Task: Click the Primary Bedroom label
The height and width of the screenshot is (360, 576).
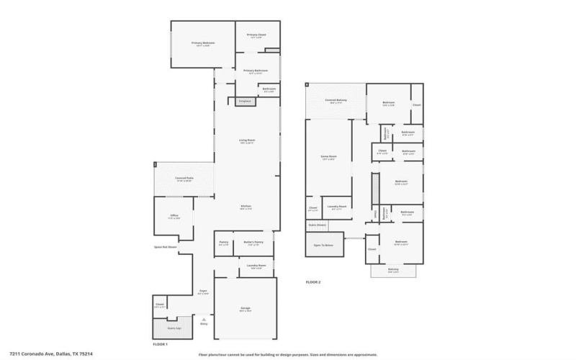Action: pyautogui.click(x=203, y=43)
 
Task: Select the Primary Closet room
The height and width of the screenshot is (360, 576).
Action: pyautogui.click(x=256, y=35)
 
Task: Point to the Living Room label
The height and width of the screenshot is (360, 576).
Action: pyautogui.click(x=248, y=140)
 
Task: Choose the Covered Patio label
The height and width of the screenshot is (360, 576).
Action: pyautogui.click(x=184, y=179)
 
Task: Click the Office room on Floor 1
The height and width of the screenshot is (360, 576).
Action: pyautogui.click(x=174, y=216)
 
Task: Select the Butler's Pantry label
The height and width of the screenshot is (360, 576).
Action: pyautogui.click(x=253, y=242)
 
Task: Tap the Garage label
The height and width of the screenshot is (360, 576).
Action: pyautogui.click(x=245, y=308)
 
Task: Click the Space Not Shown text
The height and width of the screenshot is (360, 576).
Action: pyautogui.click(x=165, y=247)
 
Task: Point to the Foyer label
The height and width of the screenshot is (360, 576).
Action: pyautogui.click(x=204, y=291)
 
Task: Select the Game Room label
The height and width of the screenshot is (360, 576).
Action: pyautogui.click(x=328, y=156)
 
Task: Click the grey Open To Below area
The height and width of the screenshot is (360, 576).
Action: pyautogui.click(x=324, y=246)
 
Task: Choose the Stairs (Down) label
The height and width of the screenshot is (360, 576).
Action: pyautogui.click(x=317, y=225)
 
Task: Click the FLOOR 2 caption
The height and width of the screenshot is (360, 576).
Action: pyautogui.click(x=313, y=282)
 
